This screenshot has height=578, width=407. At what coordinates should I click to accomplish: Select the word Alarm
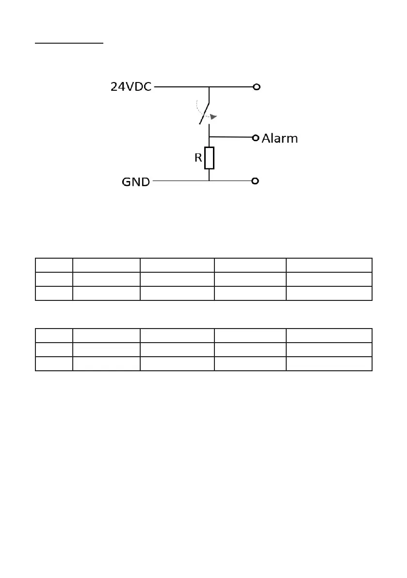click(280, 138)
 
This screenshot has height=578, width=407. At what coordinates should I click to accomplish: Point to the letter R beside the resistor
click(198, 158)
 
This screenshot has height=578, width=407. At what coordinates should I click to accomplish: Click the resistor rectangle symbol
click(209, 158)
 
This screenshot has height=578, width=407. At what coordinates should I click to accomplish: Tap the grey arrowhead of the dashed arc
click(214, 116)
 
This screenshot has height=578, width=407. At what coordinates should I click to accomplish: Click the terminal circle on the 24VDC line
click(257, 87)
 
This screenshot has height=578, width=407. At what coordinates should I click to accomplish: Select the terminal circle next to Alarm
click(257, 138)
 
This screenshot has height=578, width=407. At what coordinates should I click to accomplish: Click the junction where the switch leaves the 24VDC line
click(209, 87)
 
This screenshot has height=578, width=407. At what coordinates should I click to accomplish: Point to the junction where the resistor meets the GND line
click(209, 181)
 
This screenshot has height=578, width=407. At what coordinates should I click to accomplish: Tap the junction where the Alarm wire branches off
click(209, 137)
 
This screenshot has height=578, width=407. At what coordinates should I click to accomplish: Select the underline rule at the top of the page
click(69, 43)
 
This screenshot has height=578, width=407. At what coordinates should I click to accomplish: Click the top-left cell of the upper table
click(54, 265)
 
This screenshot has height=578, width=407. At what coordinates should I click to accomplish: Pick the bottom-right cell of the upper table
click(329, 293)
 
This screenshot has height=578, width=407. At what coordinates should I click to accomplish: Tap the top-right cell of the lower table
click(329, 335)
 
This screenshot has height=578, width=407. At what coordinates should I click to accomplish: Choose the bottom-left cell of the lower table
click(54, 363)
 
